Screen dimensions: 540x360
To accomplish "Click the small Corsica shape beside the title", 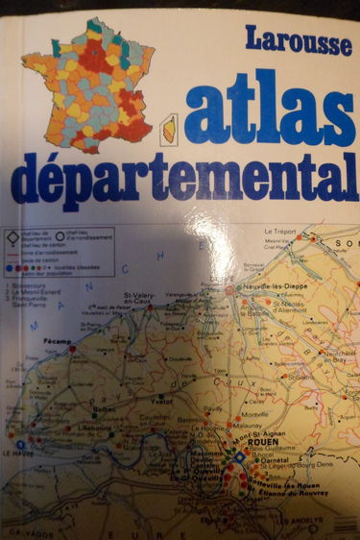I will click(x=167, y=128).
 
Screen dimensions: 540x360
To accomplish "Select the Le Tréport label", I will click(x=277, y=233).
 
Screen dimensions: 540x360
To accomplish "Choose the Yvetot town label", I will click(x=163, y=403).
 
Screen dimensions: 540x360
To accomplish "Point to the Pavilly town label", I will click(x=213, y=407).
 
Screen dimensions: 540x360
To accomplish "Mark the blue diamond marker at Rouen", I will click(x=239, y=457).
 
